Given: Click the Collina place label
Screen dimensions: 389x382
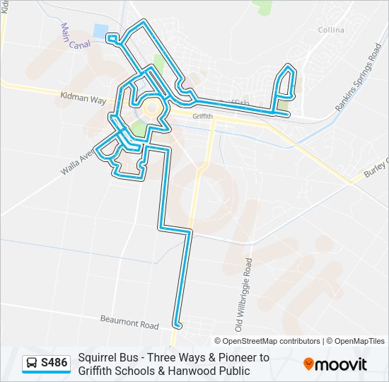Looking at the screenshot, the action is point(331,30).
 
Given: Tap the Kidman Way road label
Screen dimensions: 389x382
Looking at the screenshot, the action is point(83,100).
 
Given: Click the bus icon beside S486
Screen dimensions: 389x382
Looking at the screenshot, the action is point(32,364).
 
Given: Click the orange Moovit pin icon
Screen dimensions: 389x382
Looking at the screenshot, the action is point(308,364).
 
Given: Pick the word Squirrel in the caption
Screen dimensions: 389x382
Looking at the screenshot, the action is point(97,357).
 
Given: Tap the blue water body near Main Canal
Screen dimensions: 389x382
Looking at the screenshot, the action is point(100,32).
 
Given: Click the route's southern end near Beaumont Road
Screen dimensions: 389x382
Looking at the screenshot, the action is point(177,325).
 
